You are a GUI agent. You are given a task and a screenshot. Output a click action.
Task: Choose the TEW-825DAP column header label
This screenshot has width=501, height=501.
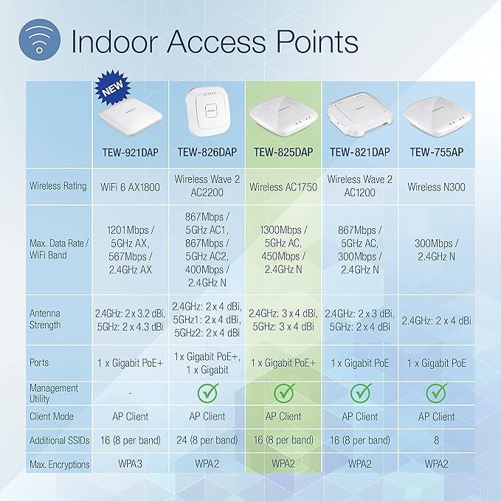pos(284,152)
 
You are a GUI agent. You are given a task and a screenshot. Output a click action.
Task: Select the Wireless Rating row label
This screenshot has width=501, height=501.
pos(58,187)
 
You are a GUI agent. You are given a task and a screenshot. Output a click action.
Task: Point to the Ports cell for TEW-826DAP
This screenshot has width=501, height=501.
pos(207,362)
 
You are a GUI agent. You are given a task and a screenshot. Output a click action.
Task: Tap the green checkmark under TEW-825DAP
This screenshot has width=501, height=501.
pos(284,393)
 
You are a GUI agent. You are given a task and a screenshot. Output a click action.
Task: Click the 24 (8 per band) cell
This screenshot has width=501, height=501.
pos(207,440)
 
